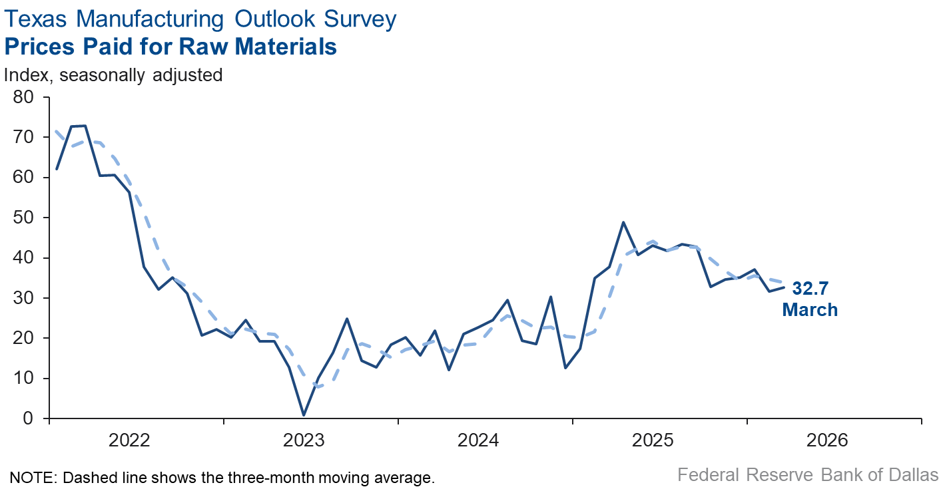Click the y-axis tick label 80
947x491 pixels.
(x=25, y=97)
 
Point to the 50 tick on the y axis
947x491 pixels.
(x=25, y=218)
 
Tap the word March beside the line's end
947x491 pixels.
(x=810, y=309)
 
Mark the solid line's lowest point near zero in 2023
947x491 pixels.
(x=304, y=415)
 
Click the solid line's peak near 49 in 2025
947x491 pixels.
(x=623, y=222)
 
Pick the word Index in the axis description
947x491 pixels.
(x=27, y=75)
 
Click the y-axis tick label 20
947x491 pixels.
(x=25, y=338)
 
